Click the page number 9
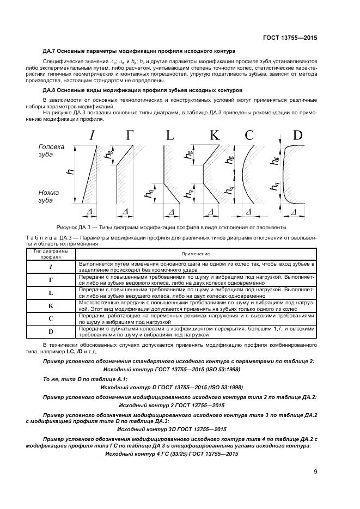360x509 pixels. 315,472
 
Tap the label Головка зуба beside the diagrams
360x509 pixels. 51,151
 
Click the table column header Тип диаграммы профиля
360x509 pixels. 51,254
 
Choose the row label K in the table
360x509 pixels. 51,306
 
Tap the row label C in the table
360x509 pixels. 51,319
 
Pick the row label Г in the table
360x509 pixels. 51,280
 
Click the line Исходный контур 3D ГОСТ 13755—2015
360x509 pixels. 172,429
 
